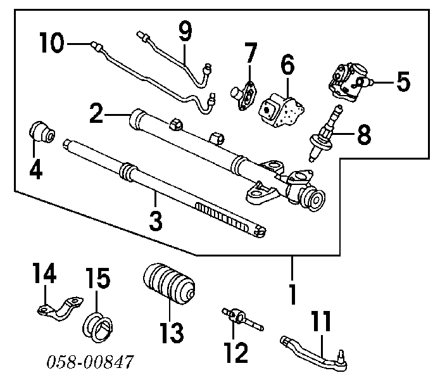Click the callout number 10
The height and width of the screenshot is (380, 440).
click(51, 44)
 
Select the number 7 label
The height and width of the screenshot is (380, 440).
click(251, 51)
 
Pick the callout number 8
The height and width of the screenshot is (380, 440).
click(363, 134)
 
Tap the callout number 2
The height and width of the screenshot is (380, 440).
click(96, 114)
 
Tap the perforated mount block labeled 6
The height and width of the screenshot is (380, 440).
click(280, 108)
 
